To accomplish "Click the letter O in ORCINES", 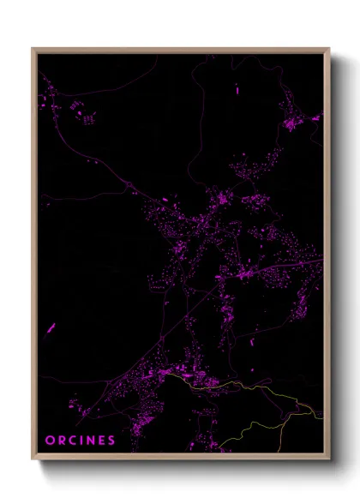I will click(50, 440).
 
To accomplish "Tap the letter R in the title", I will click(61, 440).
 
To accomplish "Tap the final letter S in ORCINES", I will click(111, 440).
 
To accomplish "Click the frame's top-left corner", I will click(33, 49).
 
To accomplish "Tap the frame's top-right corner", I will click(328, 49).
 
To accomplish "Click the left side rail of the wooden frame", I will click(34, 257).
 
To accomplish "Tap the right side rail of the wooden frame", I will click(327, 257).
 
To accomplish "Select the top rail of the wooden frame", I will click(180, 51).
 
